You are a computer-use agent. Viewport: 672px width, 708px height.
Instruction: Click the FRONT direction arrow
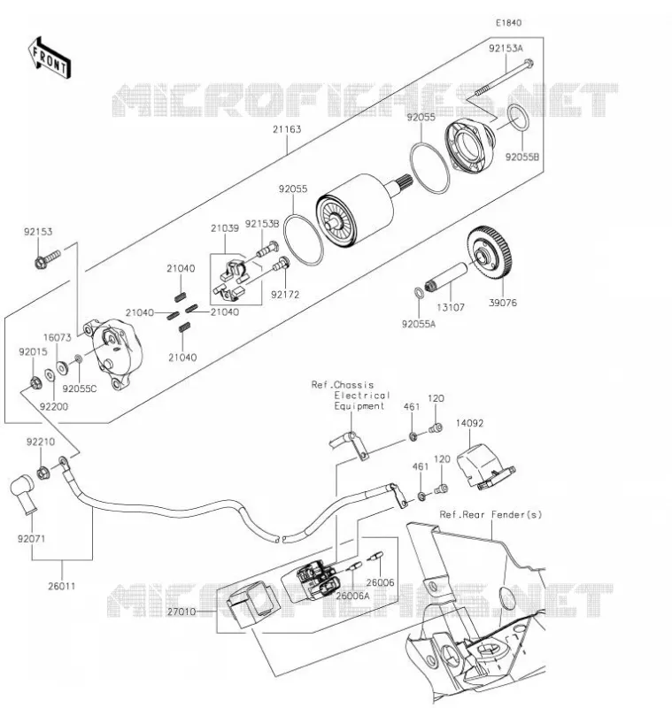click(50, 58)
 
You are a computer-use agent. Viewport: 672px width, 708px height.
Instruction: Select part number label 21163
click(287, 129)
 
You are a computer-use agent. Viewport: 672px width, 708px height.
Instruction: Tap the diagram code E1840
click(508, 23)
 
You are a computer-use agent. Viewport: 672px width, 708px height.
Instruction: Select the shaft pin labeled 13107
click(446, 276)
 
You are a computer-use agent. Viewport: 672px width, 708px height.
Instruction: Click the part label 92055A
click(419, 324)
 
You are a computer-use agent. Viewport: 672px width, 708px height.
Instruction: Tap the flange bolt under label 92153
click(47, 258)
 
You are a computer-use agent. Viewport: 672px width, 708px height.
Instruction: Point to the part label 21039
click(225, 228)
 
